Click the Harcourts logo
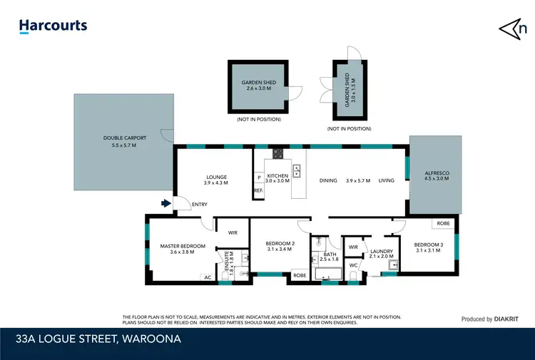(53, 26)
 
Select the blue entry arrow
(166, 204)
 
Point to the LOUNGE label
(216, 178)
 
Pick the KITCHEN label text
(277, 175)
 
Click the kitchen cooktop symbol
(277, 153)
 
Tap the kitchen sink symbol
(297, 170)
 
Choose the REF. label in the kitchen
(258, 190)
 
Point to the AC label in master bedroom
(208, 277)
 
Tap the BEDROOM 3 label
(429, 245)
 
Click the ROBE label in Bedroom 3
(443, 224)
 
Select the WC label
(352, 265)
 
